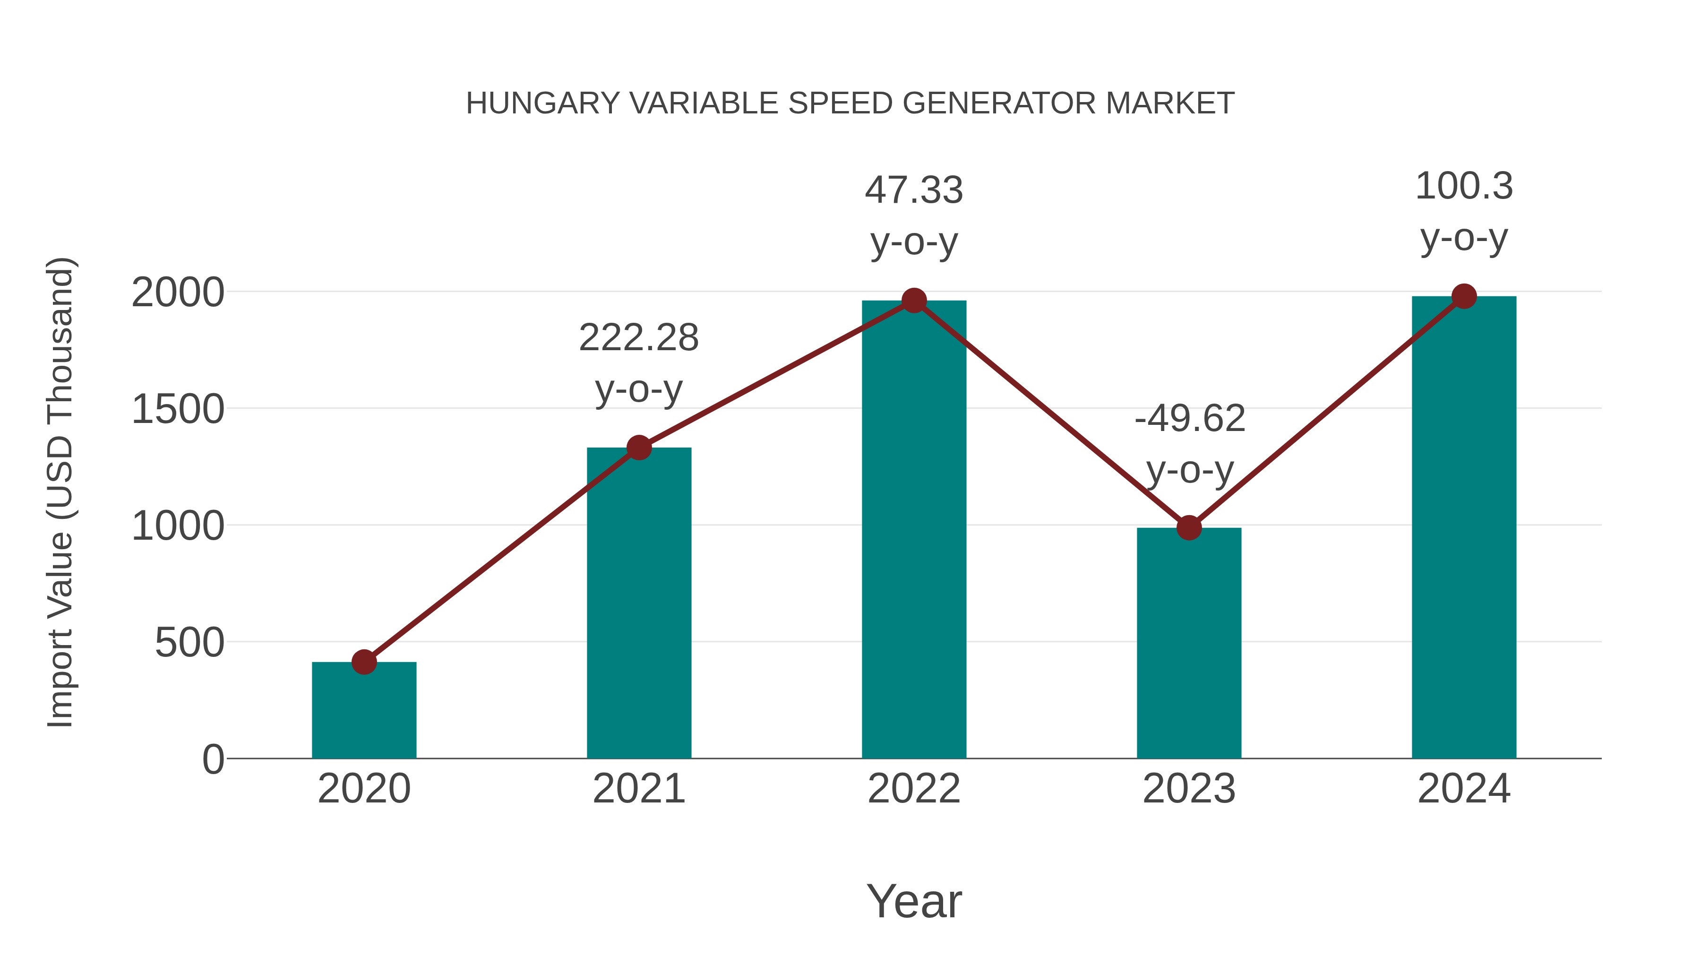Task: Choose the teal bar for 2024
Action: (1464, 528)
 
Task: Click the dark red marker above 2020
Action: (364, 662)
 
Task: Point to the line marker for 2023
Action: (1189, 528)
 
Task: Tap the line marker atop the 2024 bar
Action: (1464, 296)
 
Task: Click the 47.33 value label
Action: (914, 191)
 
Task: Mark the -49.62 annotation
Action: (1189, 419)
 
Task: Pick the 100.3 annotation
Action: (1464, 186)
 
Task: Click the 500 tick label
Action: (189, 643)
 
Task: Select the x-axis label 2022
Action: (914, 789)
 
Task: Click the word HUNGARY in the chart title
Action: (543, 103)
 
